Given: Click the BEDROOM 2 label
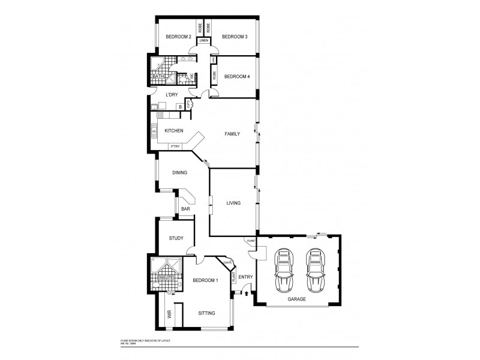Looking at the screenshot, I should (178, 37).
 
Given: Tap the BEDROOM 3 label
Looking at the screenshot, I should (235, 37).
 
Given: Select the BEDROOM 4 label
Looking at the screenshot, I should (237, 76).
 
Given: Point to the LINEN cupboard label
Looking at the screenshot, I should (204, 40).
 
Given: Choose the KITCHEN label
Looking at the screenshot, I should (174, 130).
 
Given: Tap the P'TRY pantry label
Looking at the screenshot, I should (176, 146).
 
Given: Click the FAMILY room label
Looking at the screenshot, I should (232, 134).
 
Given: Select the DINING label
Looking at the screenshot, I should (180, 173).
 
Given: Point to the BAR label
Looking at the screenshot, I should (185, 209).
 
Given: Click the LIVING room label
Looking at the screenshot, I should (233, 203).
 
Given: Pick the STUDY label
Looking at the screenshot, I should (176, 238).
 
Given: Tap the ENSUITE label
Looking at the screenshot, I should (166, 278).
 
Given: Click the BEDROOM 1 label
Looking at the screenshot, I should (205, 281).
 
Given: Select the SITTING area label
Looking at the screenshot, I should (206, 313).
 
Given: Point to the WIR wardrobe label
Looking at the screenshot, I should (169, 314).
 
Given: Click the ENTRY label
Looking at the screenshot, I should (245, 277).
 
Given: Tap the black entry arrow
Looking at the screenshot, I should (246, 293).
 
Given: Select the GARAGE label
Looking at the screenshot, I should (296, 299).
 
